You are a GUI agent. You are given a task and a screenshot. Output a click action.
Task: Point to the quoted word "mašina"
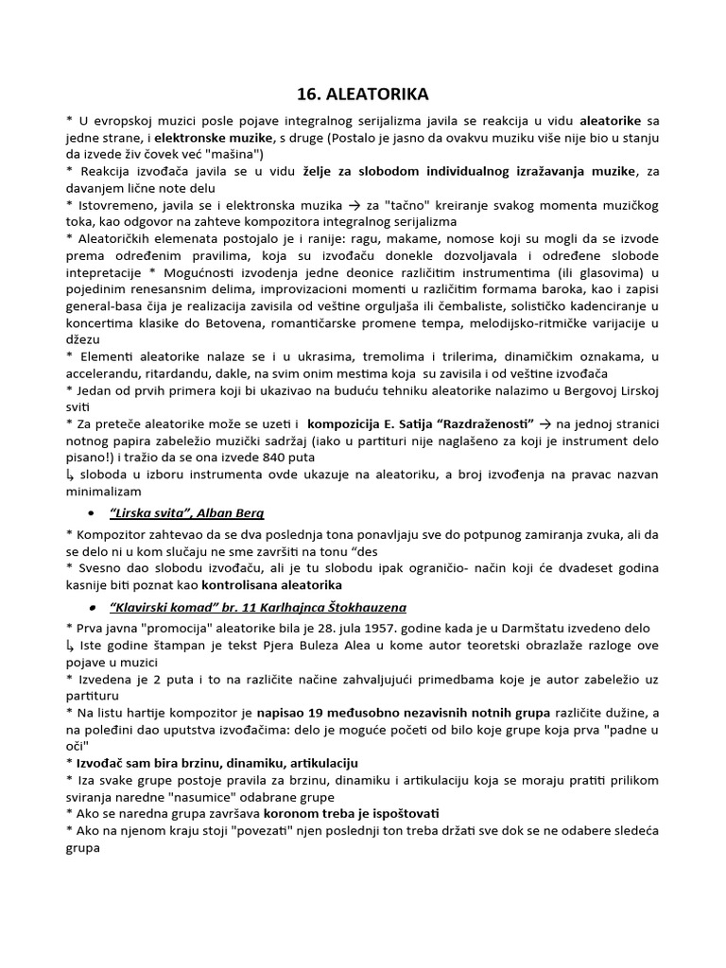(x=235, y=153)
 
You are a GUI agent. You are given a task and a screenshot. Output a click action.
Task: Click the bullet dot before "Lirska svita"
(x=90, y=513)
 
